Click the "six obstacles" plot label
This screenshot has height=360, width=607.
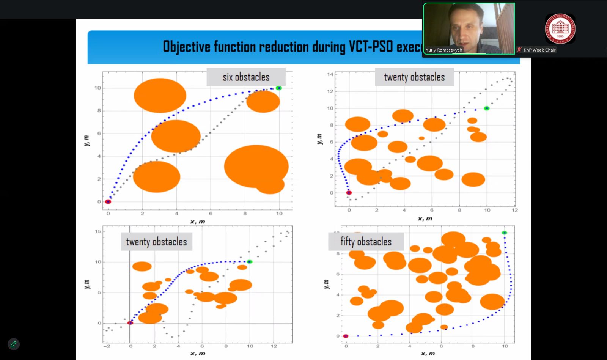point(246,77)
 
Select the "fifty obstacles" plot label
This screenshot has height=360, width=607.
point(366,242)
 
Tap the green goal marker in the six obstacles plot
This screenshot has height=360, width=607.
point(279,88)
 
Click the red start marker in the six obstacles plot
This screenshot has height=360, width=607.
point(108,202)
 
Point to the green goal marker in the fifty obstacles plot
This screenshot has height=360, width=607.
point(504,233)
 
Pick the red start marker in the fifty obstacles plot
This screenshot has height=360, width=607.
point(346,336)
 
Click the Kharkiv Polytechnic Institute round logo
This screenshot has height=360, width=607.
point(560,28)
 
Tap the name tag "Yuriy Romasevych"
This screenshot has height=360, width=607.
point(444,50)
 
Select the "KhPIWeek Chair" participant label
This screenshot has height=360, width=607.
point(539,50)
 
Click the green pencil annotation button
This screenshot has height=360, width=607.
point(14,344)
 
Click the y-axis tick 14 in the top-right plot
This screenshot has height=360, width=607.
point(330,74)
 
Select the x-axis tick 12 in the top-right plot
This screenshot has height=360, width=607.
point(514,210)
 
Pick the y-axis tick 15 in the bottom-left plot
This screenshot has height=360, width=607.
point(98,231)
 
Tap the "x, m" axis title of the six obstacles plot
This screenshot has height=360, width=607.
point(197,222)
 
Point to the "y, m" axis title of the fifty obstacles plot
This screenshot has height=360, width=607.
point(326,284)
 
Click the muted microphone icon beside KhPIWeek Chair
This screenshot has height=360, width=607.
point(519,50)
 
